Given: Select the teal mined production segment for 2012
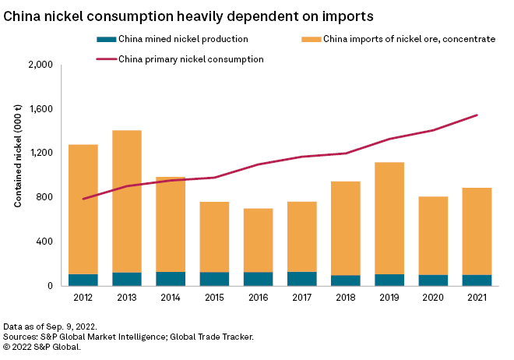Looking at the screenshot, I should point(83,280).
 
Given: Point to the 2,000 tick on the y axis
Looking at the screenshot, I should point(39,65).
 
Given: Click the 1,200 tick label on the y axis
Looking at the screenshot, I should point(40,153).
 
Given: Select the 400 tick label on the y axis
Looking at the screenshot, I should point(44,242).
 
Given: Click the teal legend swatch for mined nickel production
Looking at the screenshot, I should point(104,39).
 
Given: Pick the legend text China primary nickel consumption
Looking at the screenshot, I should point(191,59).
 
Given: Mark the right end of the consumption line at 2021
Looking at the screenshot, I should point(477,115).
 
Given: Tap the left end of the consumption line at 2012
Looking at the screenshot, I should point(83,199).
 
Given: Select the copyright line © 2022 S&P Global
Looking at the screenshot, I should point(42,347).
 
